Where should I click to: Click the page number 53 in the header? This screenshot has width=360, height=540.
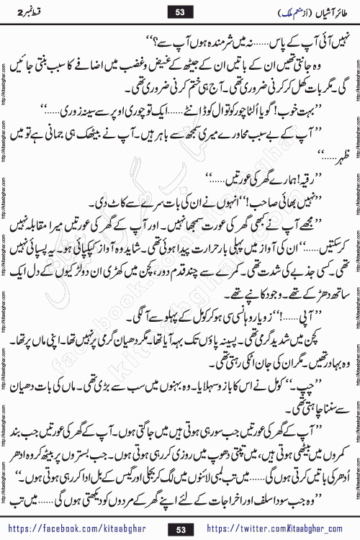click(179, 12)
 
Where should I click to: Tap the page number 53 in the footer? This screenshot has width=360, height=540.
click(179, 529)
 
